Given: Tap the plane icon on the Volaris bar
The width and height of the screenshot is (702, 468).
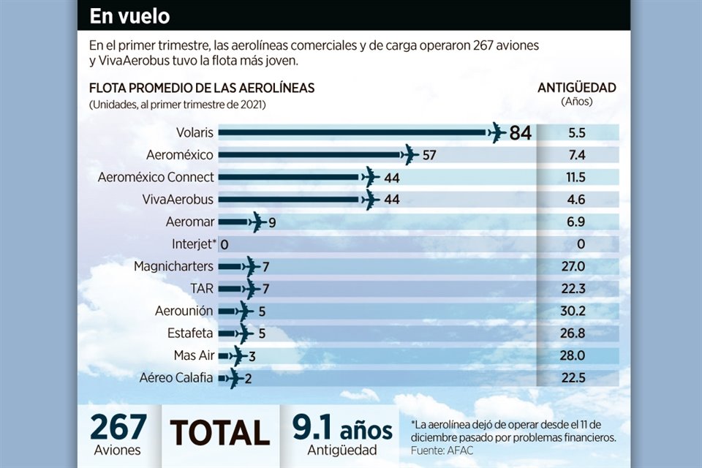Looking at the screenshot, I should point(497,133).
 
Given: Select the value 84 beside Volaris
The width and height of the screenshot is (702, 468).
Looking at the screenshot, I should point(520,133).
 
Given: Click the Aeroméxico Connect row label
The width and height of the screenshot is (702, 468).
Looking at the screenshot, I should point(156,177).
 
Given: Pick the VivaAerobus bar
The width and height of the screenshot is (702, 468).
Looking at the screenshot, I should point(291,200).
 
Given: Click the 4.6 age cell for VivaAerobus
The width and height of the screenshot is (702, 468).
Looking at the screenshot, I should point(576,200).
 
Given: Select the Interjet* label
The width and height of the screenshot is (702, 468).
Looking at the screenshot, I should point(192,244).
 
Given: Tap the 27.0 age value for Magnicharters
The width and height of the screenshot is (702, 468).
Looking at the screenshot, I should point(576,266).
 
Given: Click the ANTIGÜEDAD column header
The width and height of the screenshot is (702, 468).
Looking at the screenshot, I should point(576,88).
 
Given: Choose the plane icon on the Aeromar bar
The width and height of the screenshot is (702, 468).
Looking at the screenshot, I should point(257,222).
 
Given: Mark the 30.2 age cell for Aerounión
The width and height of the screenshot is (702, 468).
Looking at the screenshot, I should point(576,311).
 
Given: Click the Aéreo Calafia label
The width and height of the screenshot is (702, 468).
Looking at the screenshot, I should point(176,378).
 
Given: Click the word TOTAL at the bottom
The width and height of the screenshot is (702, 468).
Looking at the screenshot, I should point(220,433).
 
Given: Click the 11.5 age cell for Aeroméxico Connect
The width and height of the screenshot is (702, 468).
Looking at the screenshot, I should point(576,177).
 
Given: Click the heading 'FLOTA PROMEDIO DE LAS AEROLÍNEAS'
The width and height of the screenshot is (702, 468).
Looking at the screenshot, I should point(202,88).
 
